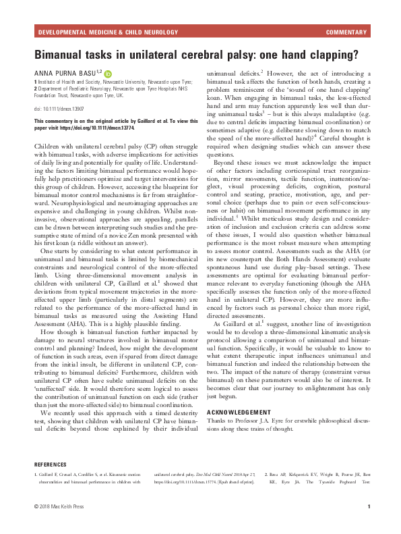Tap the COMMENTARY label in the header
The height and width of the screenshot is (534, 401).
(346, 32)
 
